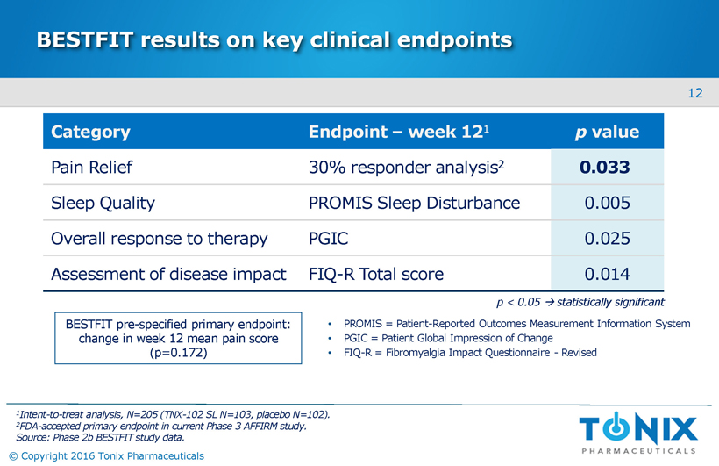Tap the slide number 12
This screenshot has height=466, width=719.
(x=695, y=93)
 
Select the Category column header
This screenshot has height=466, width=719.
(x=91, y=133)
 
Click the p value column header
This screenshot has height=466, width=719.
(x=607, y=133)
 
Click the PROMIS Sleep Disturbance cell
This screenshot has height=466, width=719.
(x=414, y=204)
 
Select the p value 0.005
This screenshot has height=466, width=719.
(x=607, y=204)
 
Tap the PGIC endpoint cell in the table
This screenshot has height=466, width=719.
(x=329, y=239)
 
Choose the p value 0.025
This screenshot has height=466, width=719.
(x=607, y=239)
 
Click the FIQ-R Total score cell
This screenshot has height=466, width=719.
(x=376, y=275)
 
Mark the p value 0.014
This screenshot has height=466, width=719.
(x=607, y=275)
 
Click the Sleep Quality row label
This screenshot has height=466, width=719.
(x=103, y=204)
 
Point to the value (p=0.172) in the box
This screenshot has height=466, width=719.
(x=178, y=354)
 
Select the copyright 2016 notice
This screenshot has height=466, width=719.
(x=105, y=455)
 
